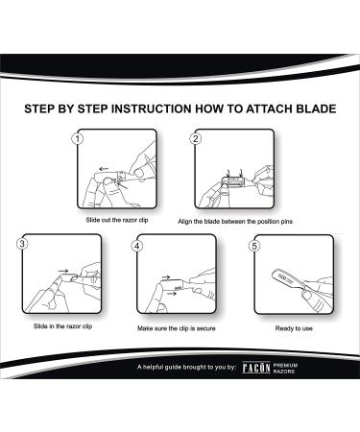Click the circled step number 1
pyautogui.click(x=75, y=139)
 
